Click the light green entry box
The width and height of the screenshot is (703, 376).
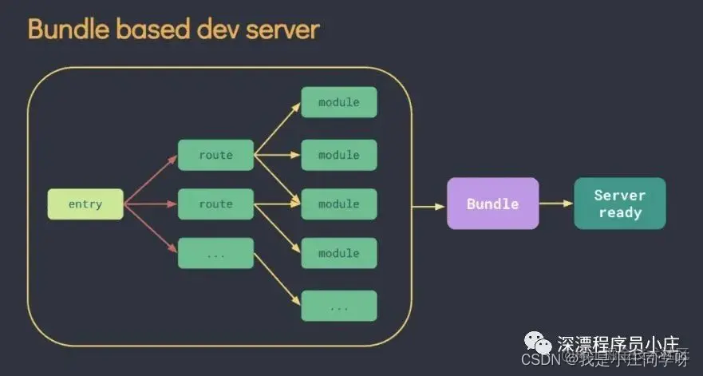(85, 204)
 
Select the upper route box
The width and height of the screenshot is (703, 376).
(215, 155)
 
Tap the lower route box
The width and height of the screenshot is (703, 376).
(215, 204)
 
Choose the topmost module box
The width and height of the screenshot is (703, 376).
(338, 102)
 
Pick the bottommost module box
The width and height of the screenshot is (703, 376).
(338, 253)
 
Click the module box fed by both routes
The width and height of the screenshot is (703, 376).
(338, 204)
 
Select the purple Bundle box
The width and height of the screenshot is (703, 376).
(492, 204)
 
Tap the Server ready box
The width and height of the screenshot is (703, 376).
(619, 204)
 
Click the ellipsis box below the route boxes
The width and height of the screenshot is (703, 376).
(215, 253)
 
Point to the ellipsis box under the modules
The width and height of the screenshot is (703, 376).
(338, 306)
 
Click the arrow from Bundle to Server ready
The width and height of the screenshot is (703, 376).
(556, 204)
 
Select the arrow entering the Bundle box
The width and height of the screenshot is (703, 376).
(429, 207)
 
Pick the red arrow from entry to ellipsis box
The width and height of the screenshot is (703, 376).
(152, 229)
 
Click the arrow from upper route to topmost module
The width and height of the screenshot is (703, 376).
(277, 128)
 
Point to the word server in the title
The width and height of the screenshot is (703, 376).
(284, 30)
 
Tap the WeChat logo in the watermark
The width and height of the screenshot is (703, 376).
(543, 345)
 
